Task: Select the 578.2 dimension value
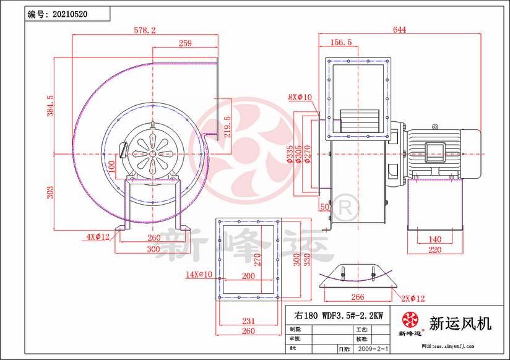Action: click(x=145, y=30)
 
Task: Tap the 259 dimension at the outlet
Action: click(x=184, y=43)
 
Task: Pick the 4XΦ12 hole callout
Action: click(x=98, y=236)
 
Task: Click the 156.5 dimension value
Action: click(x=342, y=43)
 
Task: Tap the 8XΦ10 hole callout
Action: click(x=300, y=97)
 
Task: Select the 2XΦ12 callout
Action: click(x=412, y=299)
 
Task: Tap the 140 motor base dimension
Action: click(x=435, y=239)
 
